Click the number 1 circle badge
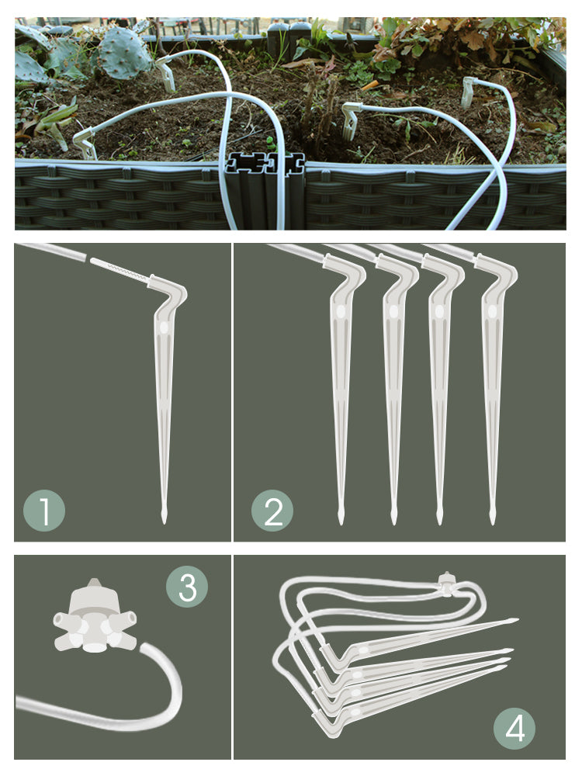(44, 511)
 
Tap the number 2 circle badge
(272, 511)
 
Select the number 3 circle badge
(187, 587)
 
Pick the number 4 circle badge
(514, 728)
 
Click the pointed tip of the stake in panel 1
(164, 522)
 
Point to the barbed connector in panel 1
(119, 271)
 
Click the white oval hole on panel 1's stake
(164, 327)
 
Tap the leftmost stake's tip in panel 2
(341, 522)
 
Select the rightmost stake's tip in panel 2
(492, 522)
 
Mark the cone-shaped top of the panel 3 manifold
(94, 594)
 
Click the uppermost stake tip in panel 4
(517, 619)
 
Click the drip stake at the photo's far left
(85, 144)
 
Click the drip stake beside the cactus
(166, 74)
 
